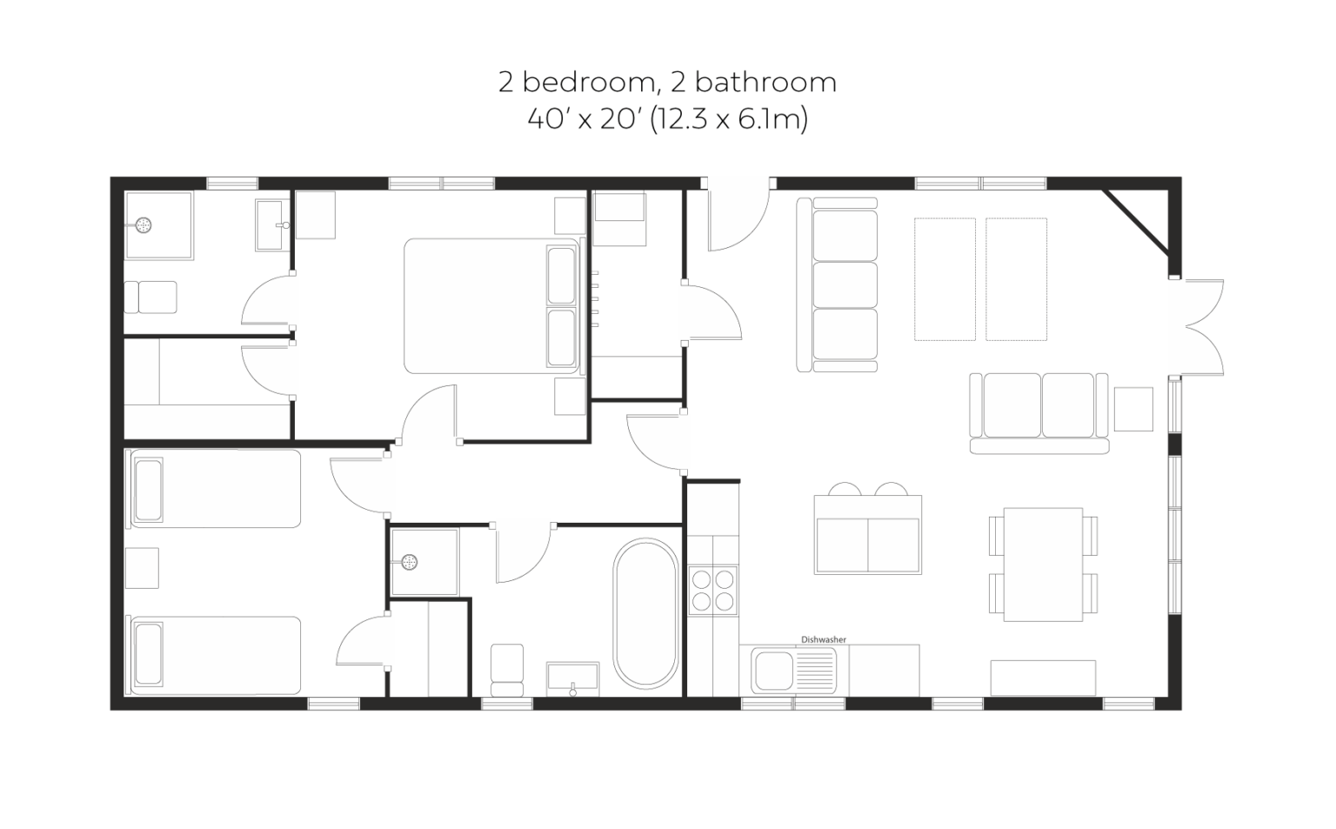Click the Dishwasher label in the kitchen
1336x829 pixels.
click(x=823, y=639)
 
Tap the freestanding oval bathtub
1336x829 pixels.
click(x=645, y=613)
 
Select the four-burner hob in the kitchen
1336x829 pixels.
click(x=712, y=591)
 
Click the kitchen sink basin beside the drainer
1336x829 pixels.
click(x=773, y=671)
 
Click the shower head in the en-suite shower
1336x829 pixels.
click(x=144, y=225)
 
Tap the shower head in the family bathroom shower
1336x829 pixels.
click(x=409, y=561)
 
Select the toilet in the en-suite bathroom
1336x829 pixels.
click(x=150, y=297)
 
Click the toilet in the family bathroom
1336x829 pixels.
click(x=507, y=670)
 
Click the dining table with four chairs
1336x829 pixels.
click(x=1043, y=565)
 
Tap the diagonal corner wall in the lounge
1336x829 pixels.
click(x=1136, y=222)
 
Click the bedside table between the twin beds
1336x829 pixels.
click(x=142, y=568)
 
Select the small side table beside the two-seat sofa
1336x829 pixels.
click(x=1133, y=409)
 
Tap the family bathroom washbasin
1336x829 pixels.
click(x=572, y=679)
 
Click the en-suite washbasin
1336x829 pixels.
click(x=273, y=224)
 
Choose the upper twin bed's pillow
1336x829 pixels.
click(x=148, y=490)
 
